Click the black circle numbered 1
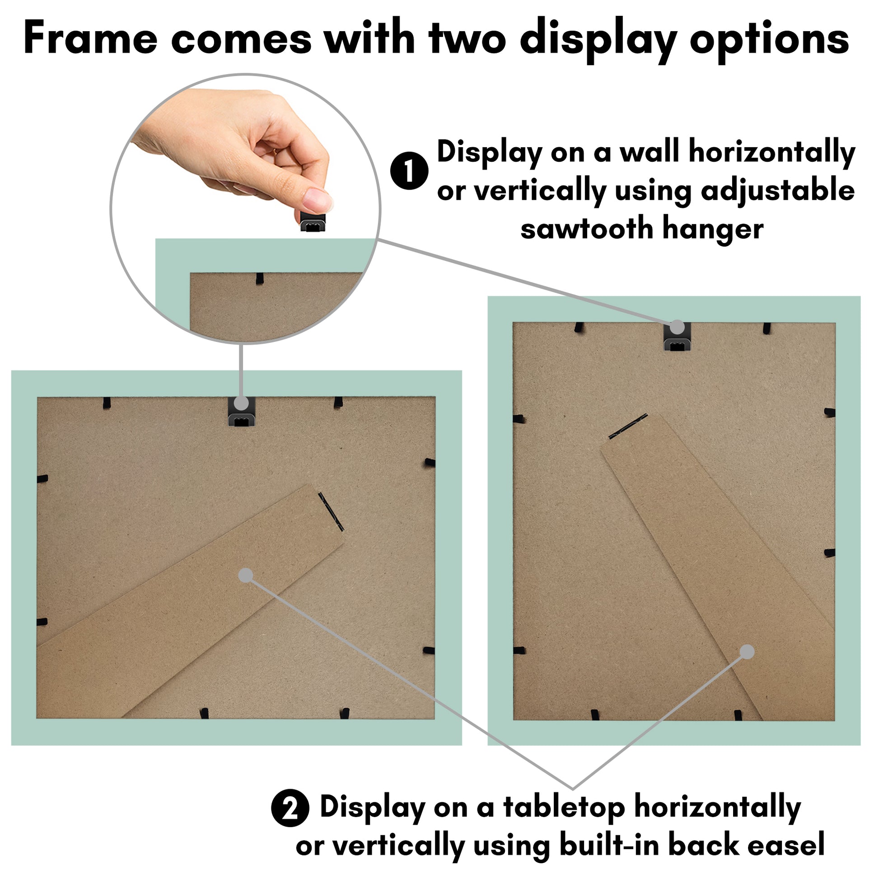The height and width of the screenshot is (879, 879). [x=409, y=171]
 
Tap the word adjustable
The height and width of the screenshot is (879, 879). [x=777, y=191]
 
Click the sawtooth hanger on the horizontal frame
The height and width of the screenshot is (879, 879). [x=241, y=412]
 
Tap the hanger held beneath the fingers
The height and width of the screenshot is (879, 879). [x=313, y=221]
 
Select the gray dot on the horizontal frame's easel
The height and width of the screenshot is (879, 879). [x=246, y=575]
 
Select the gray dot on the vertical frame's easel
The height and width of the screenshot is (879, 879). [x=747, y=651]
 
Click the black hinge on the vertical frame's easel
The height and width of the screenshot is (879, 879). [x=628, y=426]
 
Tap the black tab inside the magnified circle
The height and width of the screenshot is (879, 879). [x=260, y=278]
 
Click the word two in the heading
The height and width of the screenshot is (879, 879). [x=467, y=40]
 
